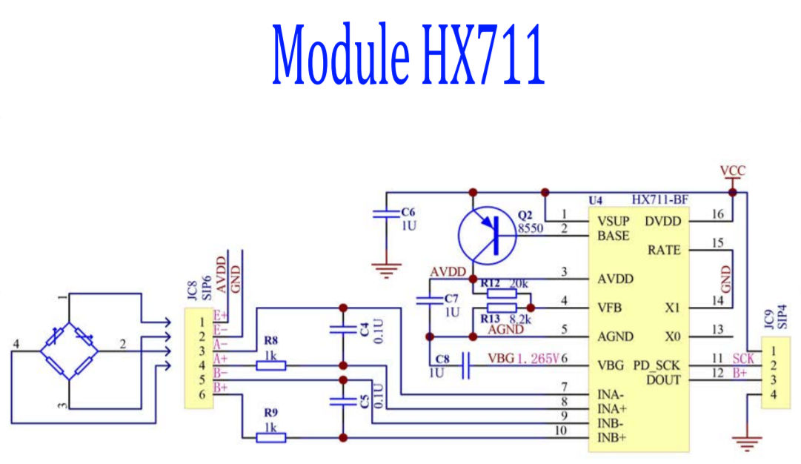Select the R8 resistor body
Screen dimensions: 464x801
(x=271, y=365)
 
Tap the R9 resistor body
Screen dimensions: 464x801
(x=271, y=437)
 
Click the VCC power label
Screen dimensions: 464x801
(x=733, y=171)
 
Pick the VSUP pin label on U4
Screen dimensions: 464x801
(x=614, y=221)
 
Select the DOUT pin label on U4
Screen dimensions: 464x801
(x=662, y=380)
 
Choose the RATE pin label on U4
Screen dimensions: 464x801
(x=664, y=251)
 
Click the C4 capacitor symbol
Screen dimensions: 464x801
(x=342, y=329)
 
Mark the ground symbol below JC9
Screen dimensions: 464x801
(x=747, y=443)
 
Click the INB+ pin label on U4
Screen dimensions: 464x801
(x=611, y=437)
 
